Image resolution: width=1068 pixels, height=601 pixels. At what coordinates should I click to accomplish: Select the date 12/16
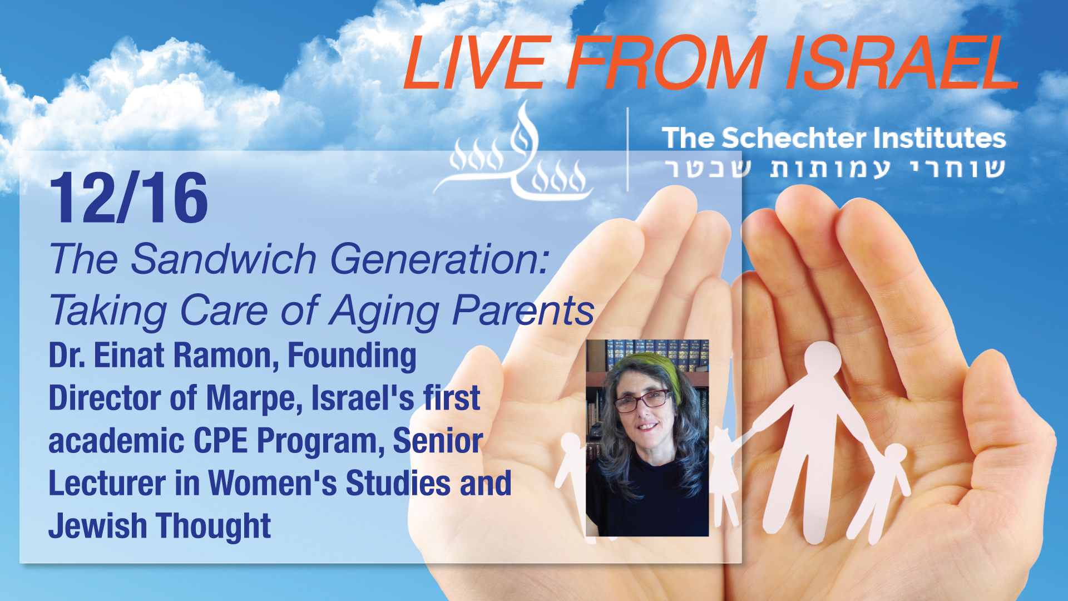tap(128, 198)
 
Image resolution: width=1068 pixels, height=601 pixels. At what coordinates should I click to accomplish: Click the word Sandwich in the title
tap(224, 259)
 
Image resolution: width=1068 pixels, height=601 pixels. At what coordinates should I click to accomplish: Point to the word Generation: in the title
tap(440, 260)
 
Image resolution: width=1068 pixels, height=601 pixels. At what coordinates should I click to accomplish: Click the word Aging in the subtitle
tap(384, 311)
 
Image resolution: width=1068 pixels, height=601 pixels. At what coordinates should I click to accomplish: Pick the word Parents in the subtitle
tap(523, 310)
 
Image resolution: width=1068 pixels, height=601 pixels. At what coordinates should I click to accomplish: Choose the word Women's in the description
tap(272, 483)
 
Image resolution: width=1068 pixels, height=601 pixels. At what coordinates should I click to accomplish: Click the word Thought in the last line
tap(214, 526)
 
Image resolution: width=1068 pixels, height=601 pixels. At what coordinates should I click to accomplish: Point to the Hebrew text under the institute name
tap(835, 168)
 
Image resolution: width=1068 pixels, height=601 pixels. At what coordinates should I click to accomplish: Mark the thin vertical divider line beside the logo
tap(627, 149)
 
